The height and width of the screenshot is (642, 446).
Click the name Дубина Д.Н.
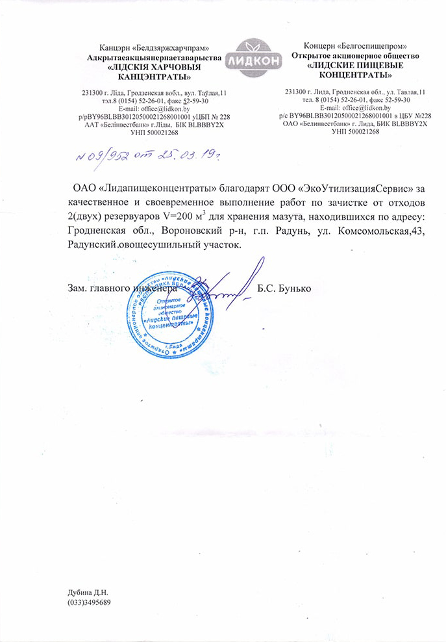point(87,593)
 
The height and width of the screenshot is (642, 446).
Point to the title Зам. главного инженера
point(121,288)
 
